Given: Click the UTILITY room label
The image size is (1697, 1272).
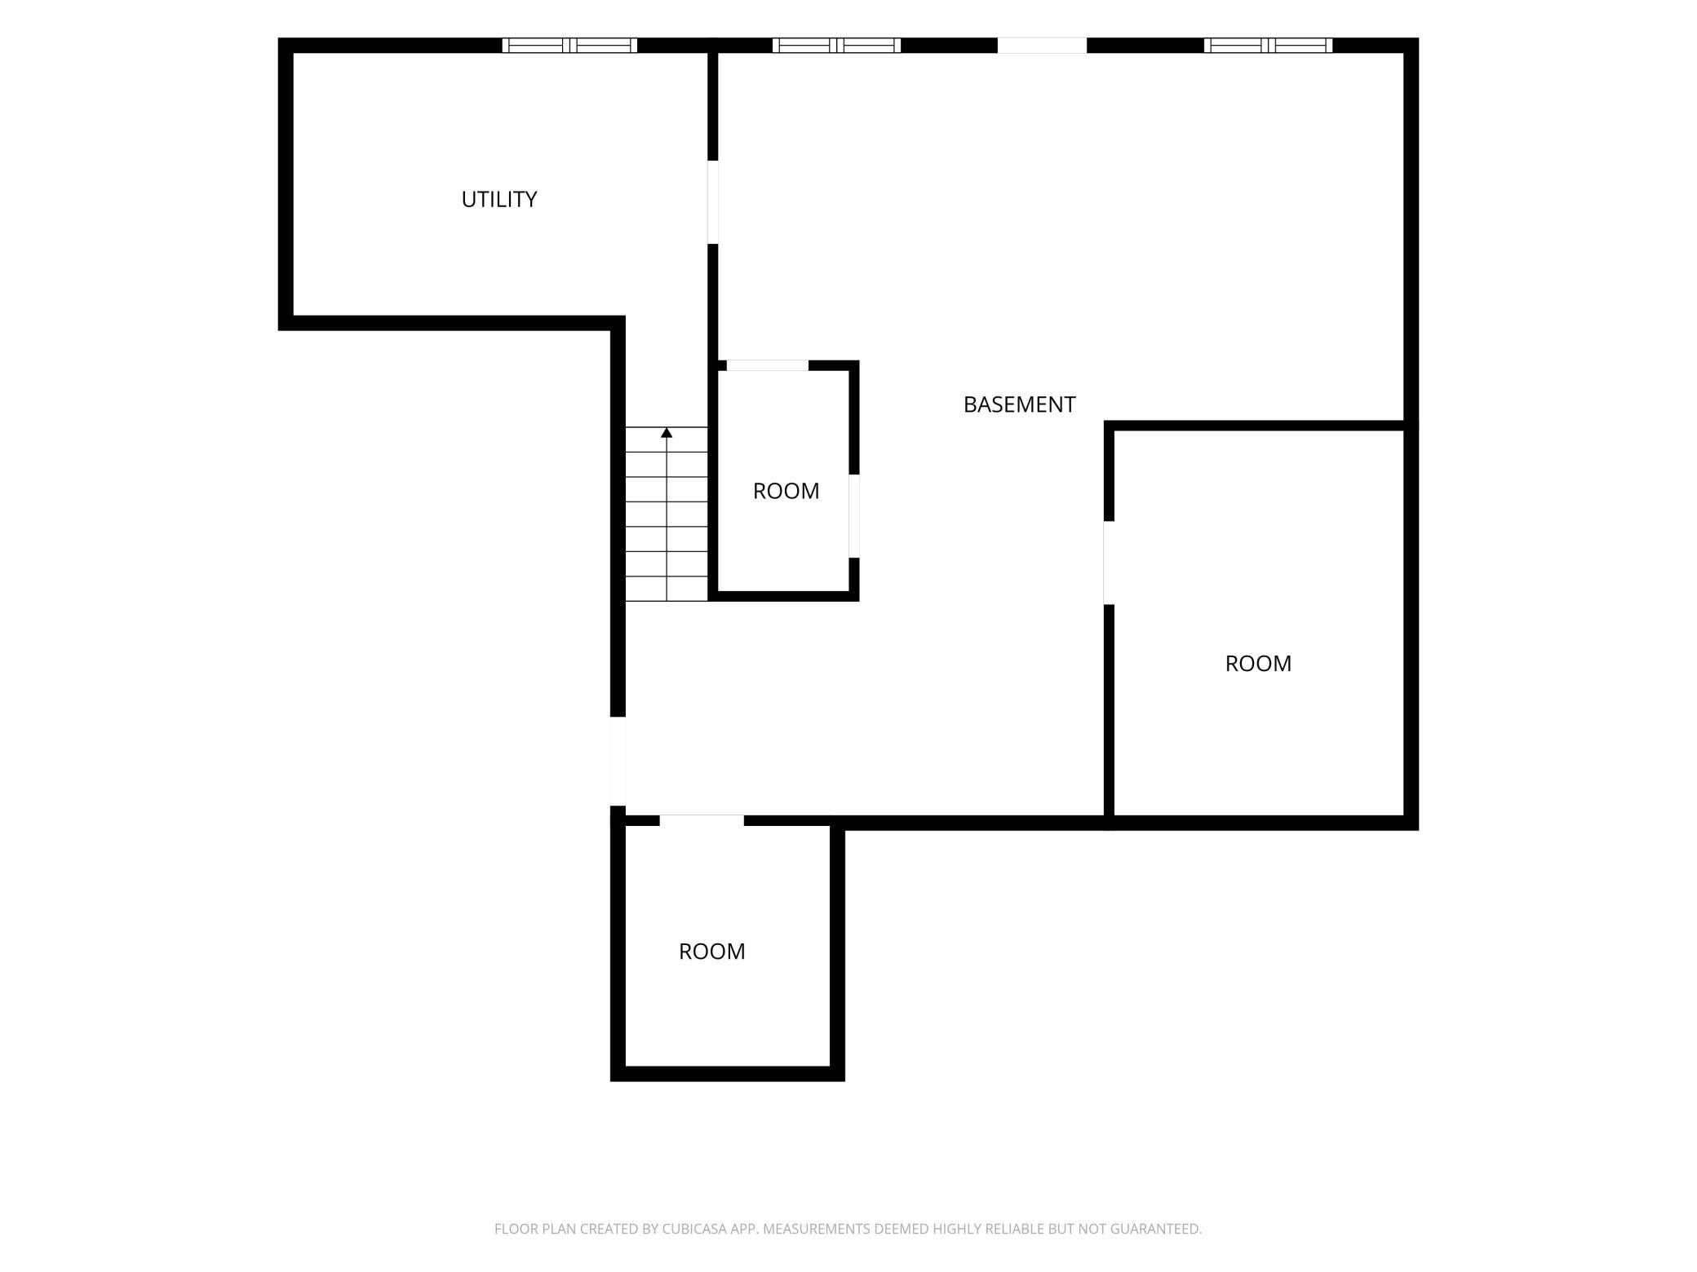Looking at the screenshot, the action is [498, 199].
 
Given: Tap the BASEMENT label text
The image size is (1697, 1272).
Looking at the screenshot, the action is [1019, 404].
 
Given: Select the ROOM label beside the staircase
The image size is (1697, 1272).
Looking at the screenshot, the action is [786, 491].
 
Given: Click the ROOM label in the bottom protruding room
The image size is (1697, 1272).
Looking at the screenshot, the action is [711, 952].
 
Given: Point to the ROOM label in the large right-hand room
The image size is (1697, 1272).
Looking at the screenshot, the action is [1258, 664].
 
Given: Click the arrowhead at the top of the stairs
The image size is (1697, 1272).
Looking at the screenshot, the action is [667, 432].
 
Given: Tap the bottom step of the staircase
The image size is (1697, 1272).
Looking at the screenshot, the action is [667, 589].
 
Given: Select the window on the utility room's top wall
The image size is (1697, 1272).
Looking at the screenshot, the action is [569, 46].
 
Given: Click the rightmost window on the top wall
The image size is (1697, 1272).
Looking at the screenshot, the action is [1268, 46].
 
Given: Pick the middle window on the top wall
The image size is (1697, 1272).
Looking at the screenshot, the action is [836, 46].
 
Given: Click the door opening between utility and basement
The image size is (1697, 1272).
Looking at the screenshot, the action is [712, 202].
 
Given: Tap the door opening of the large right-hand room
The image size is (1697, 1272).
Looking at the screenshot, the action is [1109, 563].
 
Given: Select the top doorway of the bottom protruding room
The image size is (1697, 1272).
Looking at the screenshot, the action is [702, 820].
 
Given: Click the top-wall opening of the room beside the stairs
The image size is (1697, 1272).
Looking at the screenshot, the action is [767, 365].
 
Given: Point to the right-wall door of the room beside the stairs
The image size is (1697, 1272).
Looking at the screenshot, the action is [854, 516].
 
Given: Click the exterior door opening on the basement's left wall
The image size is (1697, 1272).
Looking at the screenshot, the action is [618, 762].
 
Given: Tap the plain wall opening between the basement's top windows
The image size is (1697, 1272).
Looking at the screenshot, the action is [1042, 46].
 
